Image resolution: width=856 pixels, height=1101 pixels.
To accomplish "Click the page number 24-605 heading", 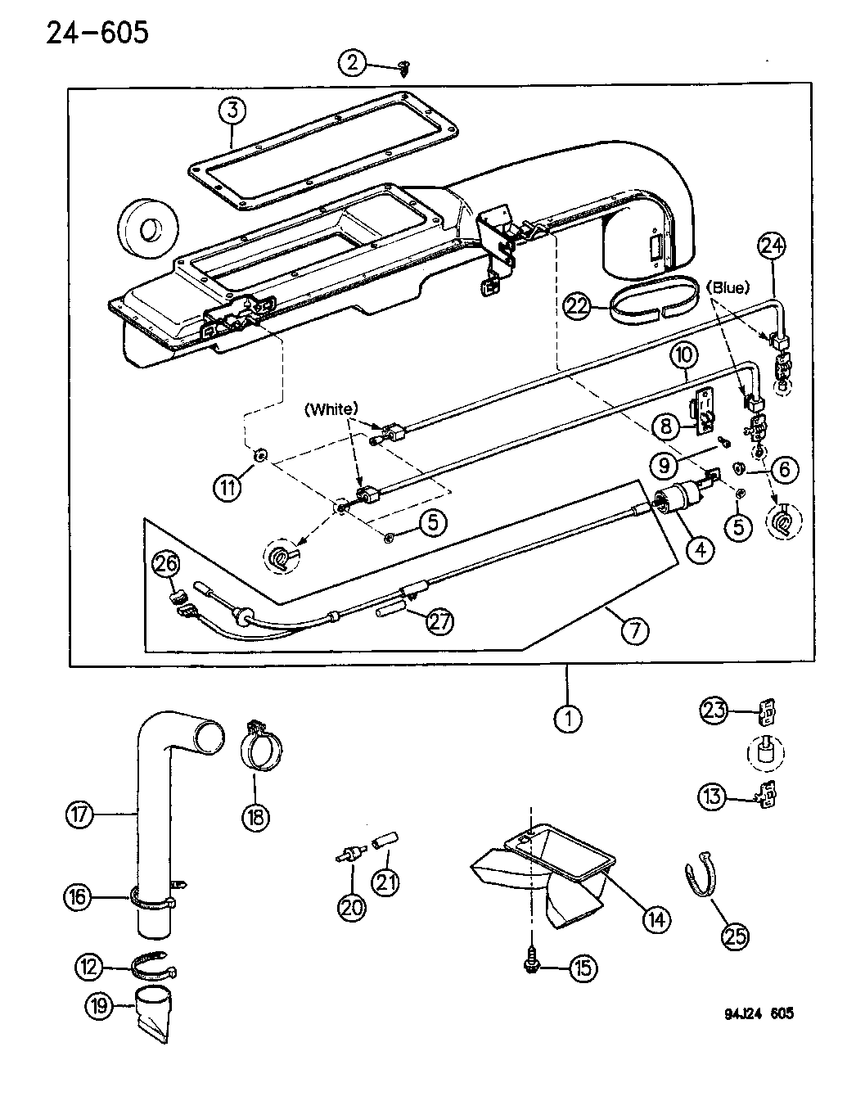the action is (97, 34).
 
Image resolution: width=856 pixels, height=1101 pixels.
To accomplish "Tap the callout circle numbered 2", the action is (353, 63).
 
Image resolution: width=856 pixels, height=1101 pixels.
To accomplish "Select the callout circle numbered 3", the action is (232, 111).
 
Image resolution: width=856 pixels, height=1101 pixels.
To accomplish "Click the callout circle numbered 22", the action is (577, 306).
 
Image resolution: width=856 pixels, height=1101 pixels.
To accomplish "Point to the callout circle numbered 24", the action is (772, 246).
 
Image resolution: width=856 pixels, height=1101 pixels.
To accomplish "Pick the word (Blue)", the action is (728, 288).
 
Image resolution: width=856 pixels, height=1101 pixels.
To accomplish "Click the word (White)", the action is (331, 408).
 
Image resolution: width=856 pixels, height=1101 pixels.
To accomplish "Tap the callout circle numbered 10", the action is (684, 355).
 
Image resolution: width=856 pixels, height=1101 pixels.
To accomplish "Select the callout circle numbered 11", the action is (228, 488).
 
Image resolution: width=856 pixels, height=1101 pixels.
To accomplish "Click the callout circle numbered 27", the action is (439, 621).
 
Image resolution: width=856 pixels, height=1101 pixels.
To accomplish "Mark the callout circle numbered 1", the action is (568, 718).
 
